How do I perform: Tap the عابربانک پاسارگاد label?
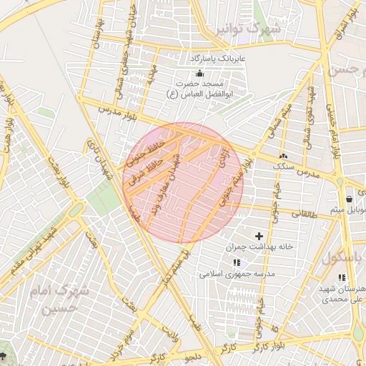tap(217, 57)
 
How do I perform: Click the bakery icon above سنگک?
tap(284, 155)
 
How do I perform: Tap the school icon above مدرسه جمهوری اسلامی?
tap(237, 262)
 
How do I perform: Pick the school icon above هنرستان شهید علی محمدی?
tap(342, 277)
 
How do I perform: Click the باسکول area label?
tap(345, 257)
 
